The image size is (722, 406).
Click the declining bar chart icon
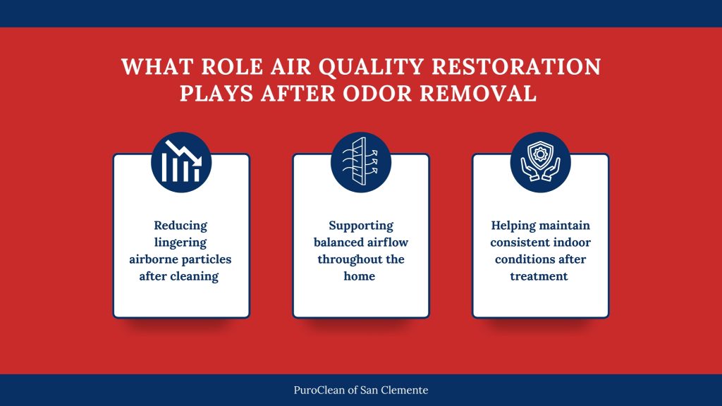click(181, 161)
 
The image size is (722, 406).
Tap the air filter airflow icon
click(360, 161)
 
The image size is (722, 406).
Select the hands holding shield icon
click(540, 161)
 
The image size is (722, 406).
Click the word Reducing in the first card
click(181, 226)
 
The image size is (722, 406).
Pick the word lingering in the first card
click(181, 242)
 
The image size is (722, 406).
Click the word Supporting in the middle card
click(360, 226)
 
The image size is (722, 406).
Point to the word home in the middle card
click(360, 276)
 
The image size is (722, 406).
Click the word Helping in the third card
click(513, 226)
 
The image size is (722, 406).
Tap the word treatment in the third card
click(539, 276)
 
